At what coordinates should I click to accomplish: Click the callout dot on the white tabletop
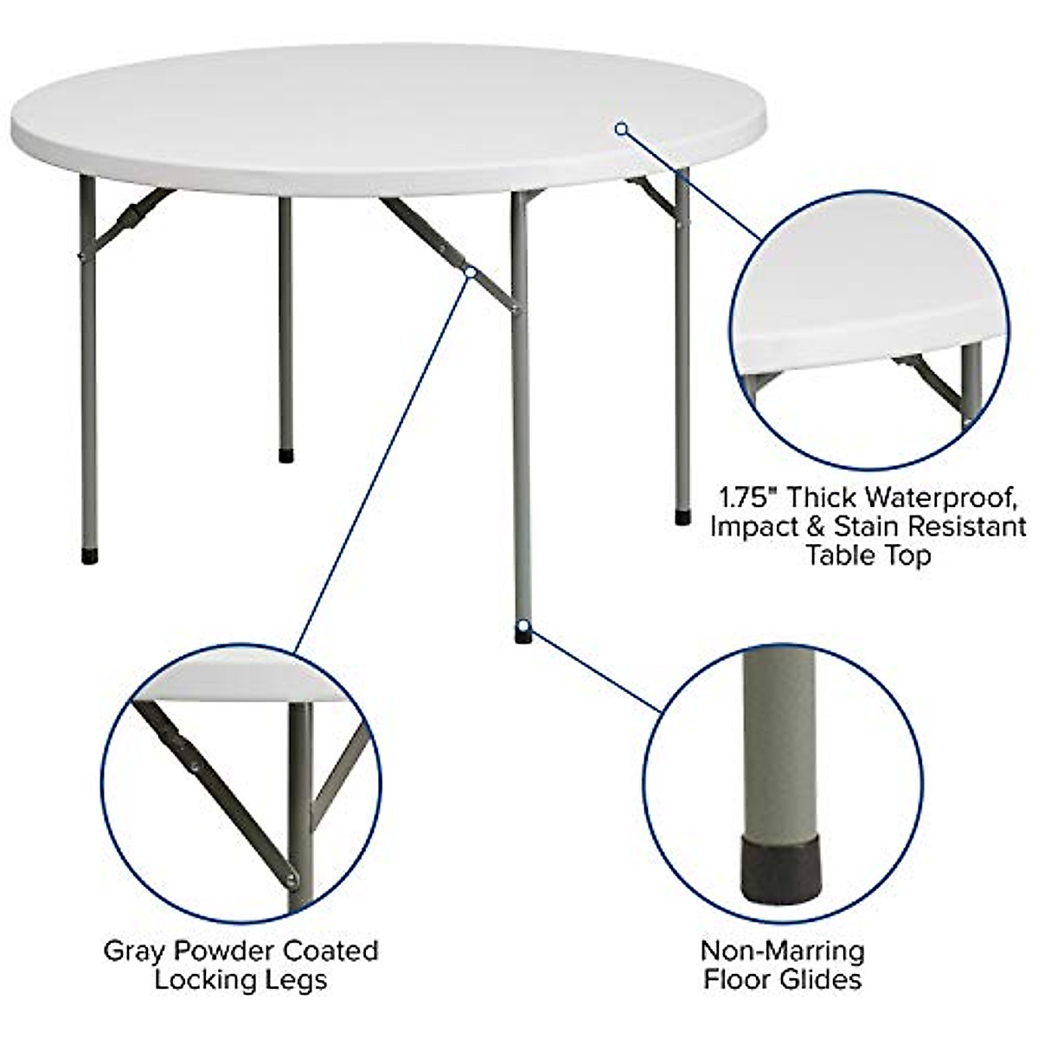[620, 129]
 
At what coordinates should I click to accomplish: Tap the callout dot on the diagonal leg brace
[471, 272]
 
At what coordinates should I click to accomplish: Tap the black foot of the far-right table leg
[683, 517]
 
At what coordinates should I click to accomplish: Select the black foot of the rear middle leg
[285, 454]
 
